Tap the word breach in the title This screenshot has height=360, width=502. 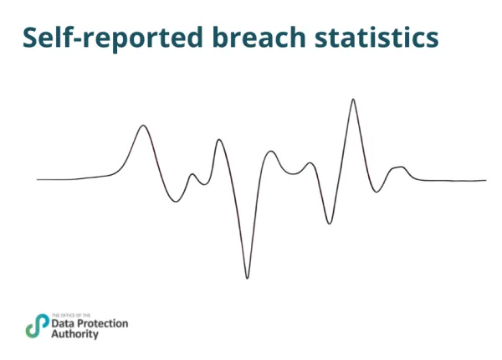[255, 38]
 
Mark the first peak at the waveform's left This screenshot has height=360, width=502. [144, 126]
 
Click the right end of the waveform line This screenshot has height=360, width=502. [485, 180]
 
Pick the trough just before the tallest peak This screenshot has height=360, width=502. [330, 224]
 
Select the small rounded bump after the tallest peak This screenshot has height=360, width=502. [398, 168]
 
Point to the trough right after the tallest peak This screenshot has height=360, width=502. [376, 192]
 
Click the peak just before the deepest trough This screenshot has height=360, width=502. [219, 139]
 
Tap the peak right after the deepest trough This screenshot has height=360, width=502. [270, 152]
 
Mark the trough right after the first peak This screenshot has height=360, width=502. [175, 202]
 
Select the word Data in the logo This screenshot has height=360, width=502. [62, 322]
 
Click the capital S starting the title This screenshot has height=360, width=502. [31, 38]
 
